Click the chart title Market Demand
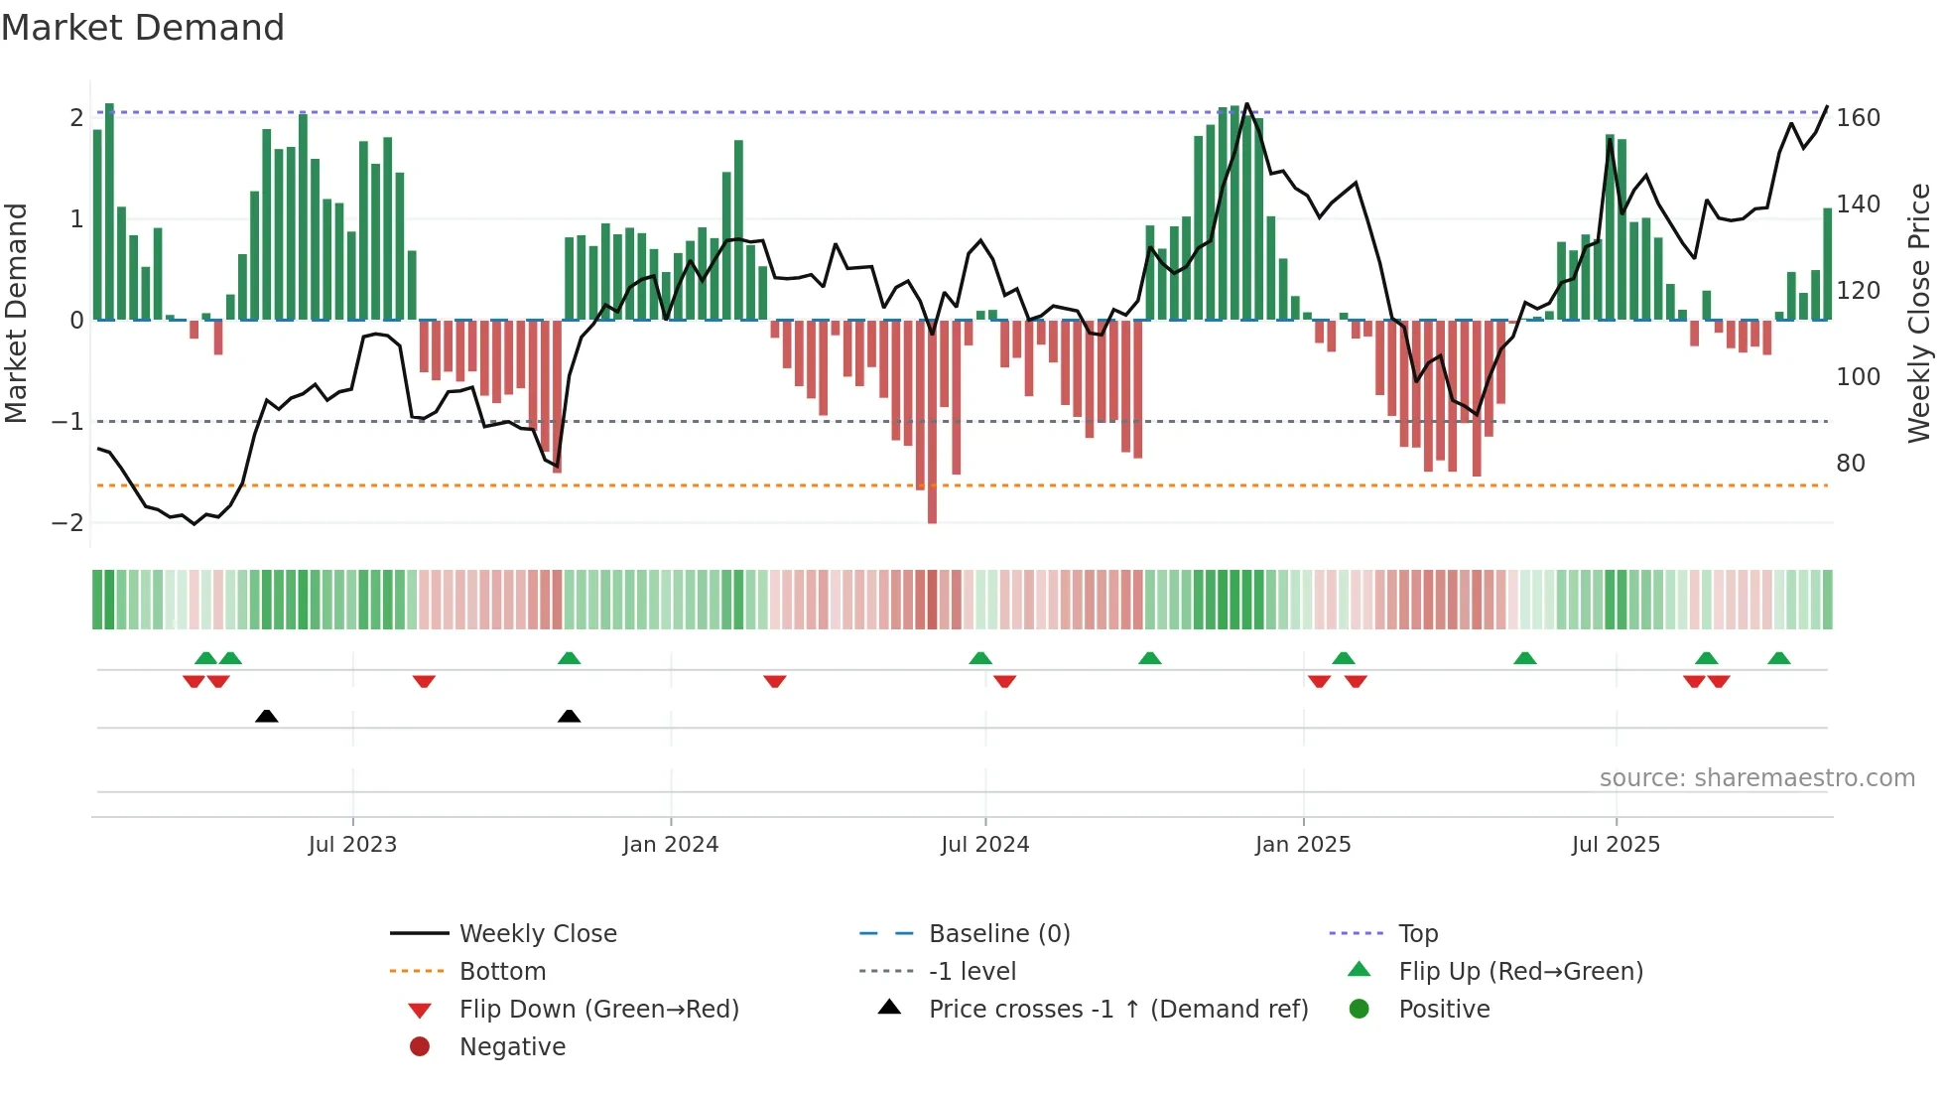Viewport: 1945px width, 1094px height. coord(143,28)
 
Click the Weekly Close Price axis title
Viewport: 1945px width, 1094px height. coord(1919,313)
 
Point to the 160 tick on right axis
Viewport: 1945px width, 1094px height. coord(1858,118)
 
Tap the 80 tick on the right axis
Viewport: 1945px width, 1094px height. coord(1850,464)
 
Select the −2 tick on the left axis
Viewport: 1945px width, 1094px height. coord(67,523)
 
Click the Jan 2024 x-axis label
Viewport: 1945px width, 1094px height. coord(670,845)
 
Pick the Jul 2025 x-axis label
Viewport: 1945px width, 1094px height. coord(1615,845)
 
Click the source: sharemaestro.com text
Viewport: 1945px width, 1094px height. coord(1756,778)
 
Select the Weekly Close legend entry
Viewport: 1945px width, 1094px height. coord(537,934)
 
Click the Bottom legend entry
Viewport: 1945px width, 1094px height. coord(502,972)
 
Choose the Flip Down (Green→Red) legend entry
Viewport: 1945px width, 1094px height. coord(598,1010)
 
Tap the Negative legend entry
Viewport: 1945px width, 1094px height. coord(512,1047)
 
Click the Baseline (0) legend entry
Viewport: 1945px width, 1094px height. coord(998,934)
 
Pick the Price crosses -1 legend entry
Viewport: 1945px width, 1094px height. coord(1117,1010)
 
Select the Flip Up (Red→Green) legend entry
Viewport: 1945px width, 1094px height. coord(1520,972)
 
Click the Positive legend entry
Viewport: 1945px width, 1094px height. coord(1444,1010)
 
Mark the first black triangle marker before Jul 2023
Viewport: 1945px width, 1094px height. coord(266,716)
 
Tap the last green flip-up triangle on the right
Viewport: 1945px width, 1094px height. coord(1778,658)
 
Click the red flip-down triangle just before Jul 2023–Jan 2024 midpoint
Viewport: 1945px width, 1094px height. coord(424,681)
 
